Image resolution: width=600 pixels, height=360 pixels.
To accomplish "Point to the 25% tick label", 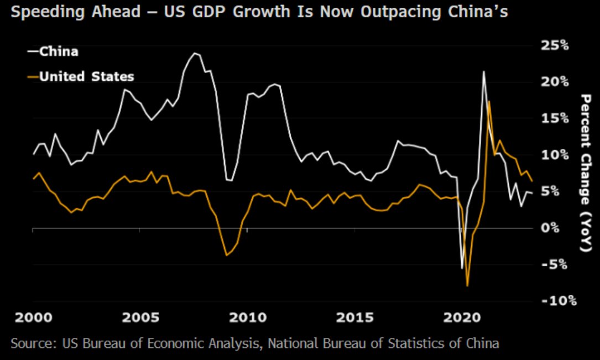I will pos(555,45).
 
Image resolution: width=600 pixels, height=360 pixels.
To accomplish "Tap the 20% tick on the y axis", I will pos(555,82).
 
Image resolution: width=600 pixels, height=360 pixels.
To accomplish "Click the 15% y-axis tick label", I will pos(555,118).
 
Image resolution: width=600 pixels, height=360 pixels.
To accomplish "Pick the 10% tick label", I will pos(555,155).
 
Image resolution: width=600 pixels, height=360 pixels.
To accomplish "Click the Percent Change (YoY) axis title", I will pos(587,173).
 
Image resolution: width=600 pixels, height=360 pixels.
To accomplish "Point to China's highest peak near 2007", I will pos(195,53).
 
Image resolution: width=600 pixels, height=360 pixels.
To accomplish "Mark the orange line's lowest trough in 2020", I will pos(467,286).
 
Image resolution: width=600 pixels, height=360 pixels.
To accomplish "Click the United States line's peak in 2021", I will pos(489,101).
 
